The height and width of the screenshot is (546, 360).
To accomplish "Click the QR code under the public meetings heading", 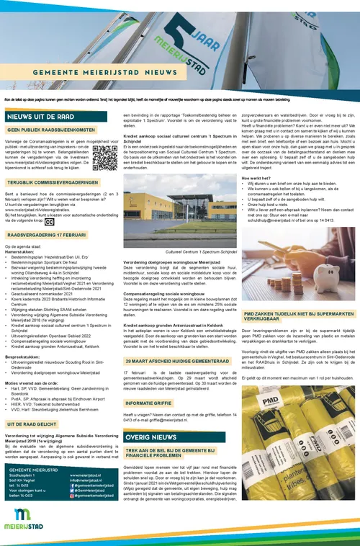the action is [104, 158].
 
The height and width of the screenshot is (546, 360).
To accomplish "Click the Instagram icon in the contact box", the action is [73, 496].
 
